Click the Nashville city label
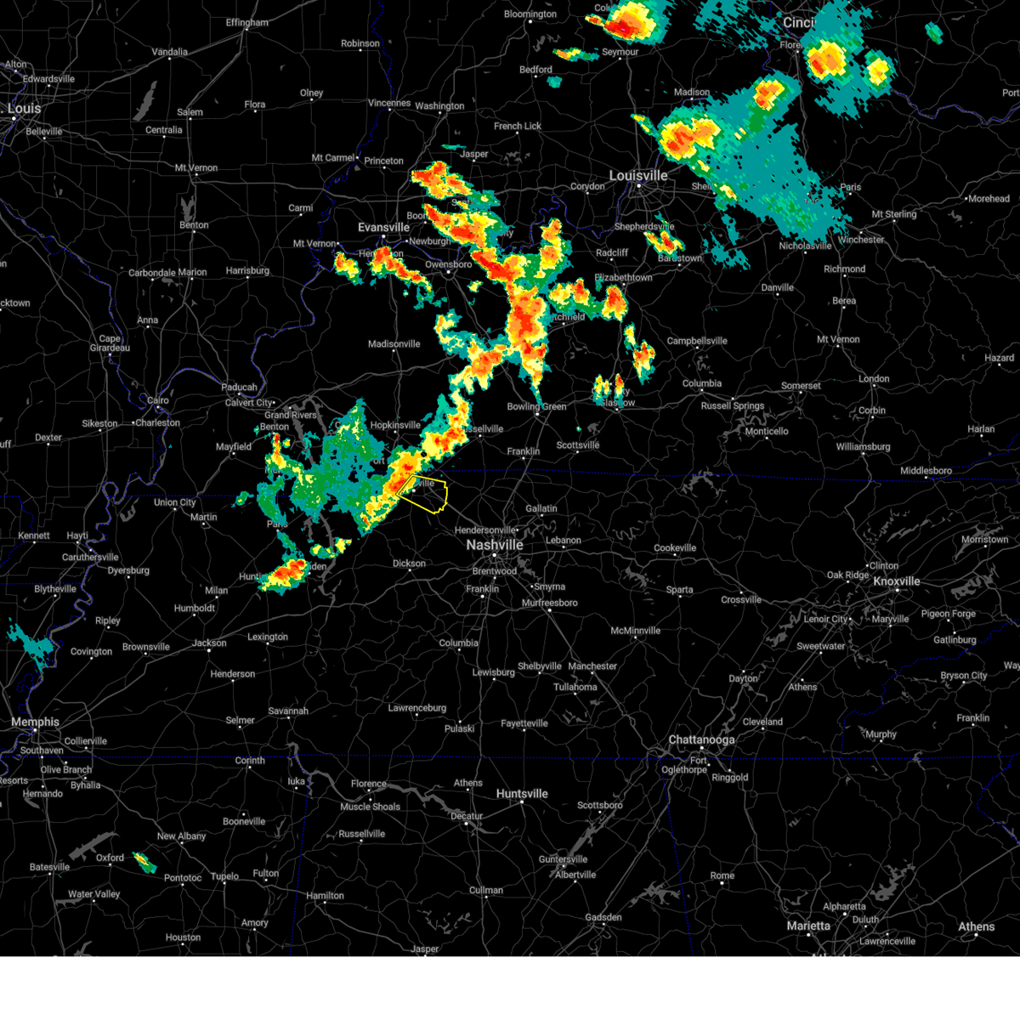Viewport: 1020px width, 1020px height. coord(494,545)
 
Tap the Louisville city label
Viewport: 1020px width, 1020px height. coord(637,176)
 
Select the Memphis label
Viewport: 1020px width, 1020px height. coord(35,722)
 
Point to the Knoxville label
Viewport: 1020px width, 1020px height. coord(897,581)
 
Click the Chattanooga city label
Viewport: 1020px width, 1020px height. coord(701,740)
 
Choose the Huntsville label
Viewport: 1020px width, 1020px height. coord(522,794)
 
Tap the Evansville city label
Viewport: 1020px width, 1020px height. coord(383,228)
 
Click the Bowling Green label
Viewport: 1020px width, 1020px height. coord(536,407)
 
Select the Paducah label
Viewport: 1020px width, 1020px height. coord(239,388)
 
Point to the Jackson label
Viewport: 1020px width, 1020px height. coord(209,643)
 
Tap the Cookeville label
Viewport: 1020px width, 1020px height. coord(675,548)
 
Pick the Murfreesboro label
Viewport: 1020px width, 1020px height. coord(549,603)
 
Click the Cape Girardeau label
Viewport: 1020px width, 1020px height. coord(110,343)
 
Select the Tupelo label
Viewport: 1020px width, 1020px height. coord(224,876)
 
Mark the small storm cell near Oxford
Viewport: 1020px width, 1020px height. coord(145,864)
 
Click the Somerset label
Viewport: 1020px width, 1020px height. coord(801,386)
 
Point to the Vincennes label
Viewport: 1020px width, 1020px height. coord(389,104)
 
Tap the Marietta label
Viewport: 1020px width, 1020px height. coord(808,926)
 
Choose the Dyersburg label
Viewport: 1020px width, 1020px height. coord(128,571)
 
